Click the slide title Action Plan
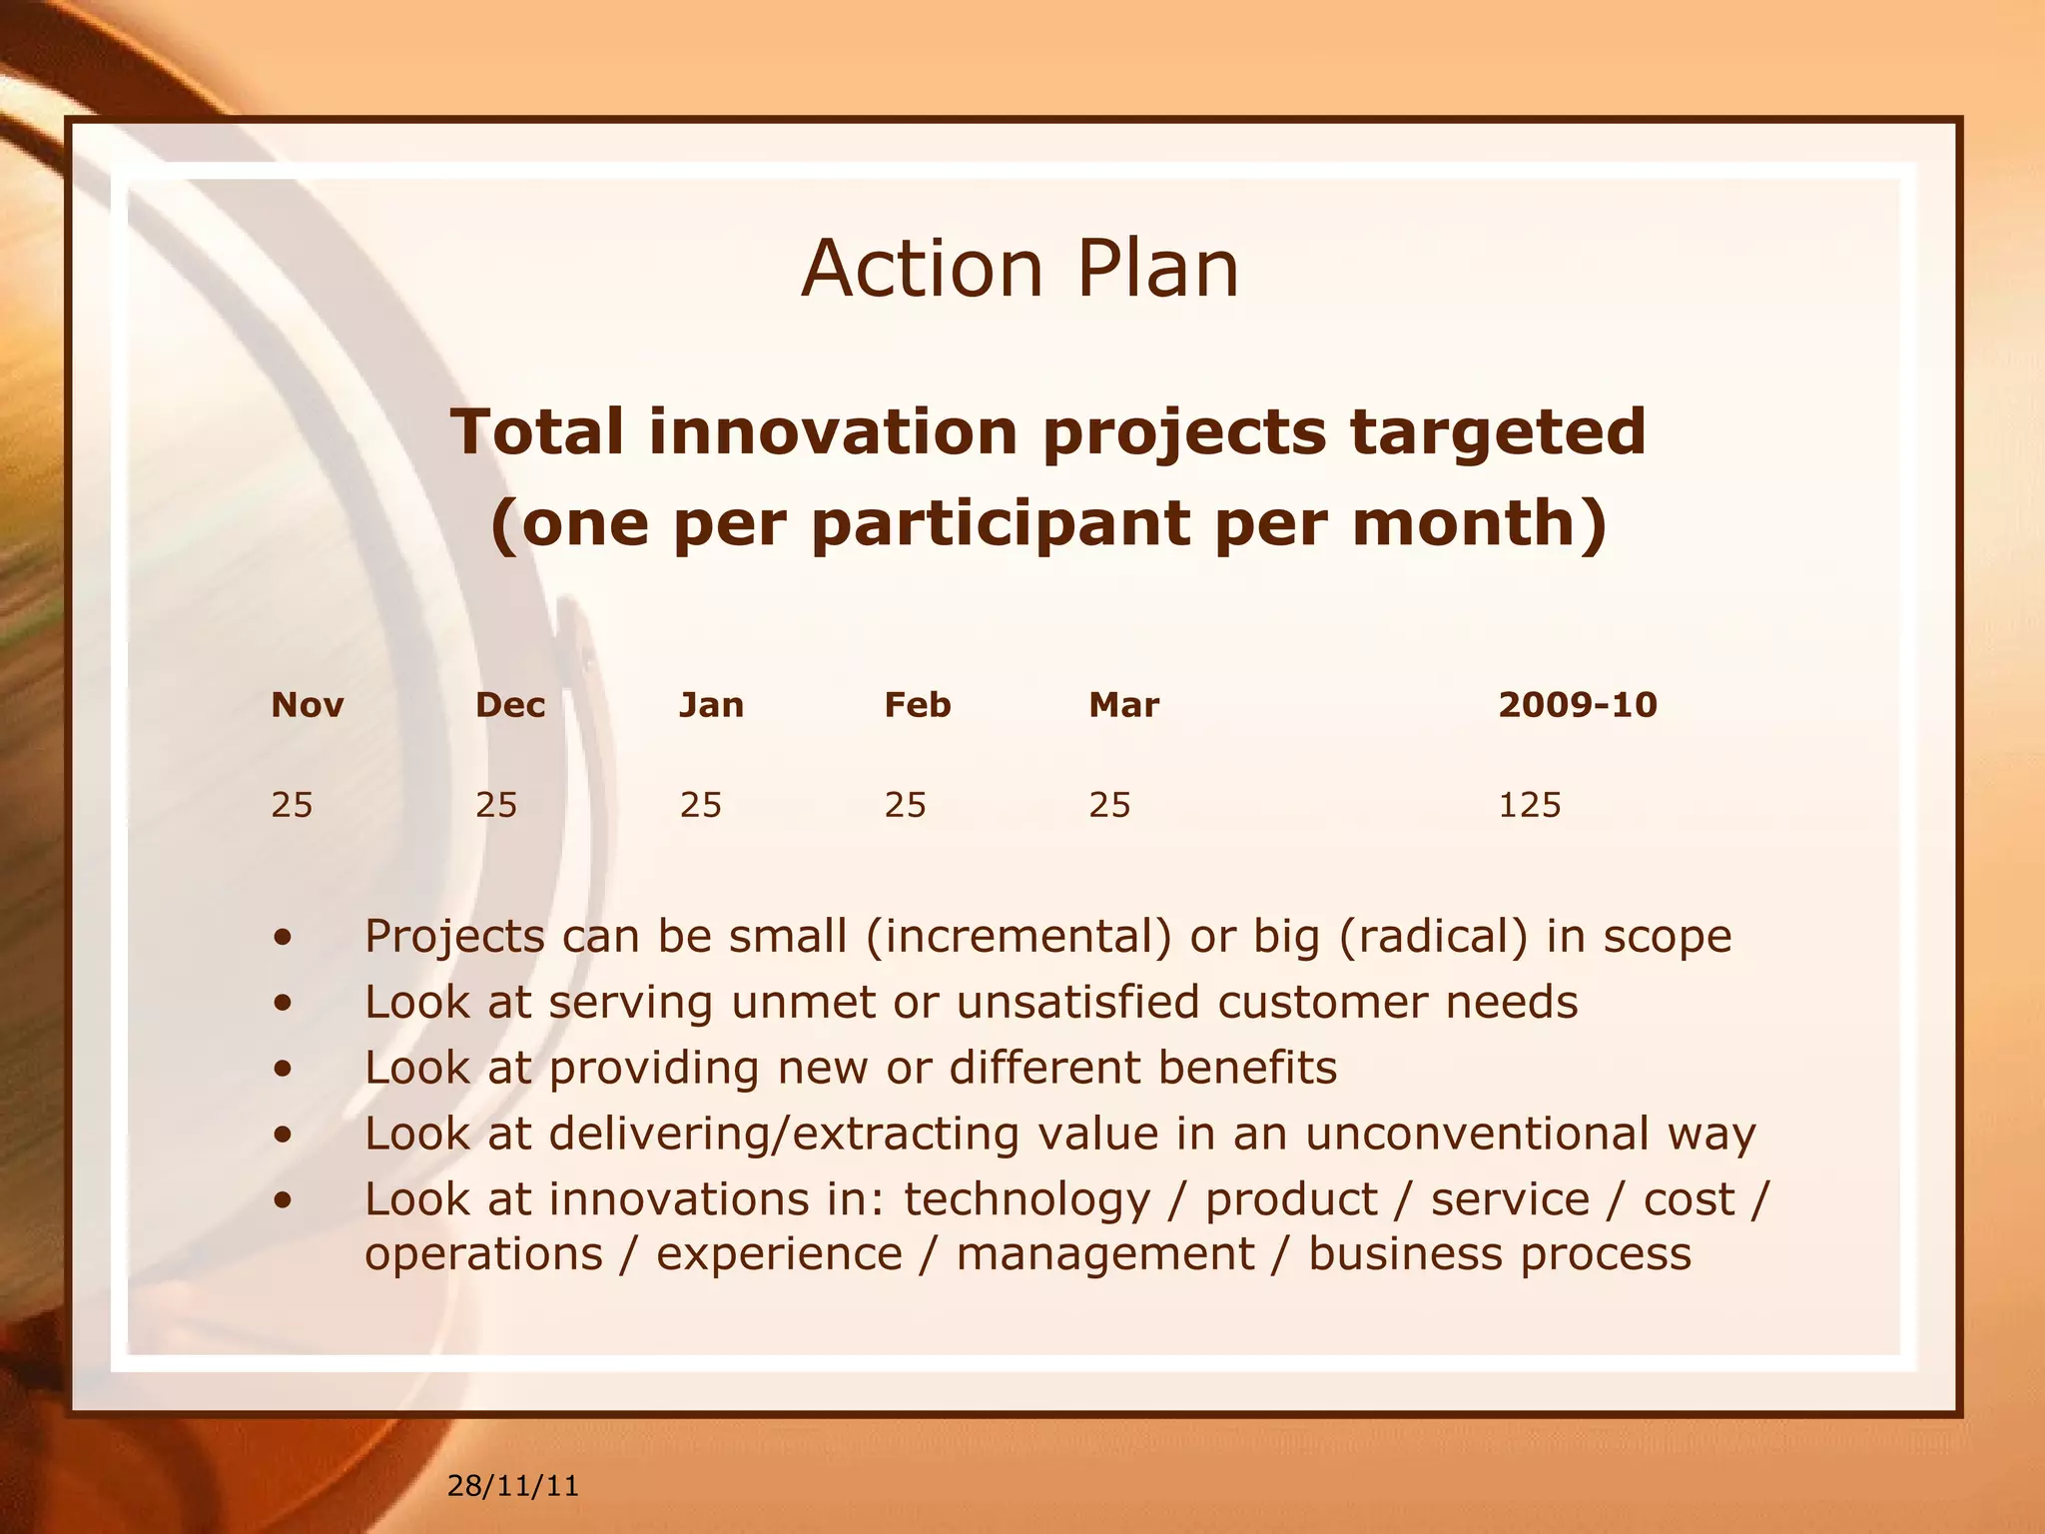(1020, 269)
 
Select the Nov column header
(307, 705)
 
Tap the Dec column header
(510, 705)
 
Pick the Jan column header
(711, 705)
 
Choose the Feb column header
(917, 705)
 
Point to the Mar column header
(1123, 705)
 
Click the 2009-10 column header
(1577, 705)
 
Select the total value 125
(1529, 805)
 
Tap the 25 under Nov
(292, 805)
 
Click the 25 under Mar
(1109, 805)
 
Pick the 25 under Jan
(700, 805)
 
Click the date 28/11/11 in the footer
(512, 1486)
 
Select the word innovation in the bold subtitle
(833, 431)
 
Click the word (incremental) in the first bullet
(1019, 937)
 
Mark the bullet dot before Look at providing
(285, 1069)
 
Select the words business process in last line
(1500, 1254)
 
